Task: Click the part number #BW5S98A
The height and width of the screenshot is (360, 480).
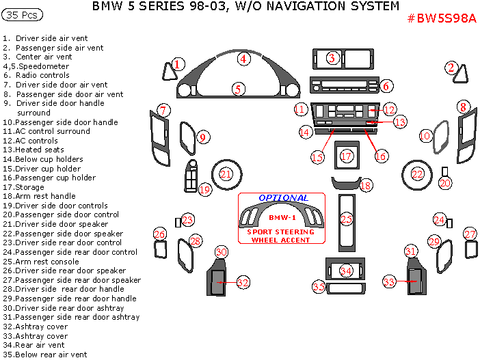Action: (441, 18)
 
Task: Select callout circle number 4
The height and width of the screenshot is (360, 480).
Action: (242, 59)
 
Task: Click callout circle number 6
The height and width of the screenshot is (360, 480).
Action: (386, 86)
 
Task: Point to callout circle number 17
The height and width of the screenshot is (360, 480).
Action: (347, 156)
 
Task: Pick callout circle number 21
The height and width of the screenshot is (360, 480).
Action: (226, 175)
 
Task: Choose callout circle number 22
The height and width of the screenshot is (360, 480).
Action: (417, 175)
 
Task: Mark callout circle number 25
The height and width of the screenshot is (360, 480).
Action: (347, 219)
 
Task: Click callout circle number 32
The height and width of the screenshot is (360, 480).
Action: (243, 281)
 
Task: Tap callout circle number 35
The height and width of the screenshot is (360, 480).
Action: (319, 287)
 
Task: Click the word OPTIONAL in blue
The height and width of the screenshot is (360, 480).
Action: (283, 198)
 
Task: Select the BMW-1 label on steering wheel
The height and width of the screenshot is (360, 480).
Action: (281, 217)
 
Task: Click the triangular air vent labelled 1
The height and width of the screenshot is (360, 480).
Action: (168, 70)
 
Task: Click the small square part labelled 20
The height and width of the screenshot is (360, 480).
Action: (445, 171)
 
